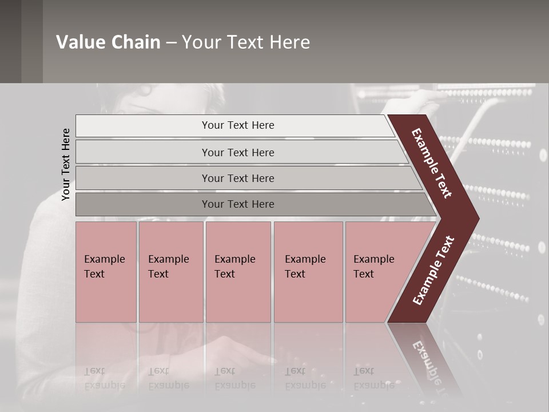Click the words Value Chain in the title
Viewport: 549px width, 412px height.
click(x=108, y=42)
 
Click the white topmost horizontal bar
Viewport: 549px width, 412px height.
click(x=143, y=126)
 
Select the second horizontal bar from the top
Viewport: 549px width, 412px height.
click(x=143, y=152)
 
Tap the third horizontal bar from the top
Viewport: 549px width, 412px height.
click(x=143, y=178)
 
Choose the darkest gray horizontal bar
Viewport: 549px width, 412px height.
click(x=143, y=204)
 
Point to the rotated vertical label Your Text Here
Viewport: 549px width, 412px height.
click(x=66, y=165)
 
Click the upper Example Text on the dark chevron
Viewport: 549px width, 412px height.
click(x=432, y=163)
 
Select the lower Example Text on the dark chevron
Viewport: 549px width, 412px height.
click(x=433, y=270)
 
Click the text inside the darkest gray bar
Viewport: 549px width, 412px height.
click(x=238, y=204)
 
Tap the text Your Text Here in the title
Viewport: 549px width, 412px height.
click(x=246, y=42)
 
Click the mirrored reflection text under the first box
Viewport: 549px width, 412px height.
click(x=104, y=378)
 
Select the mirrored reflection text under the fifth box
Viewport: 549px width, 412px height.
click(x=373, y=378)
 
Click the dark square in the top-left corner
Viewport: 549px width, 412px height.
click(x=10, y=41)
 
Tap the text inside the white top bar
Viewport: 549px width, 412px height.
click(x=238, y=125)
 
